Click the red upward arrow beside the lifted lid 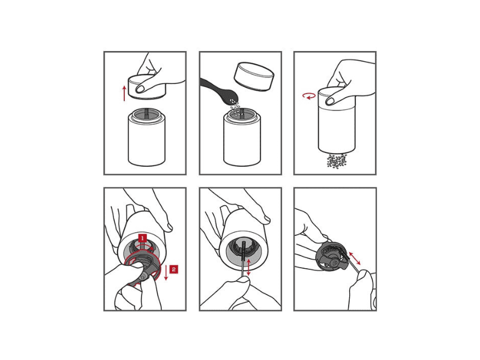pos(124,94)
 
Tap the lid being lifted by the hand pos(147,86)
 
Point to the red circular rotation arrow pos(309,96)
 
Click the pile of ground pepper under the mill pos(337,160)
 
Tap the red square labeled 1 pos(143,238)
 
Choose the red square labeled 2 pos(173,269)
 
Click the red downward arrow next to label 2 pos(166,272)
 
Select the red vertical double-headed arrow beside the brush pos(248,267)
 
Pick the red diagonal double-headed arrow pos(355,259)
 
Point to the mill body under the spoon pos(242,138)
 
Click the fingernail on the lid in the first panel pos(140,89)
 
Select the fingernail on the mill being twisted pos(331,100)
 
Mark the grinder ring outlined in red pos(143,268)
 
